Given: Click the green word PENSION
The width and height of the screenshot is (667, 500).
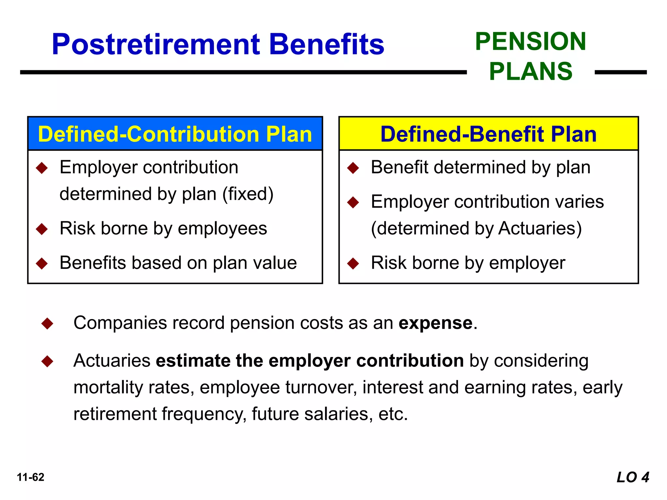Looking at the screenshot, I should (x=531, y=42).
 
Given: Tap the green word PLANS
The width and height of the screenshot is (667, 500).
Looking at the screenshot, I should (x=531, y=72).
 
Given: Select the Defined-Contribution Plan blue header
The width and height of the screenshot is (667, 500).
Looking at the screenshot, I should (x=175, y=134).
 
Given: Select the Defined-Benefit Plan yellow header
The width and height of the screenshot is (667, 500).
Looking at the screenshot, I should (x=488, y=134).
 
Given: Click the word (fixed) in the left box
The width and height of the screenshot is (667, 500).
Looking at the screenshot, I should (x=248, y=194).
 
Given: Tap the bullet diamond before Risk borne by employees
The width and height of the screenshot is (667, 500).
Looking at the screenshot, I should (x=42, y=229).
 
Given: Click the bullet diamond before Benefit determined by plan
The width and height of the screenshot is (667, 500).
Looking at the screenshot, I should (x=353, y=168).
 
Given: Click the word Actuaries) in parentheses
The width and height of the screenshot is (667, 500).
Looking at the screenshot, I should (x=540, y=229).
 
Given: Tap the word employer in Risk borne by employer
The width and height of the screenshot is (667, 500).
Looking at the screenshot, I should (x=527, y=263).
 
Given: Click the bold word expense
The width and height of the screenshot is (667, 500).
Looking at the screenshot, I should (x=435, y=323).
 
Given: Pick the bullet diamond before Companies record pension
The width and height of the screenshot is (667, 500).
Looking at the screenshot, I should (x=48, y=324).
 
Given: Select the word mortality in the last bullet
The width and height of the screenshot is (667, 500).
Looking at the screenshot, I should (x=108, y=387).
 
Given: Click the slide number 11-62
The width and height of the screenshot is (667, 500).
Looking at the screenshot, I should (x=31, y=477).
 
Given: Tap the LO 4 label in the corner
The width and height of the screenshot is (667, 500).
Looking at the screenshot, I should (x=632, y=477).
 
